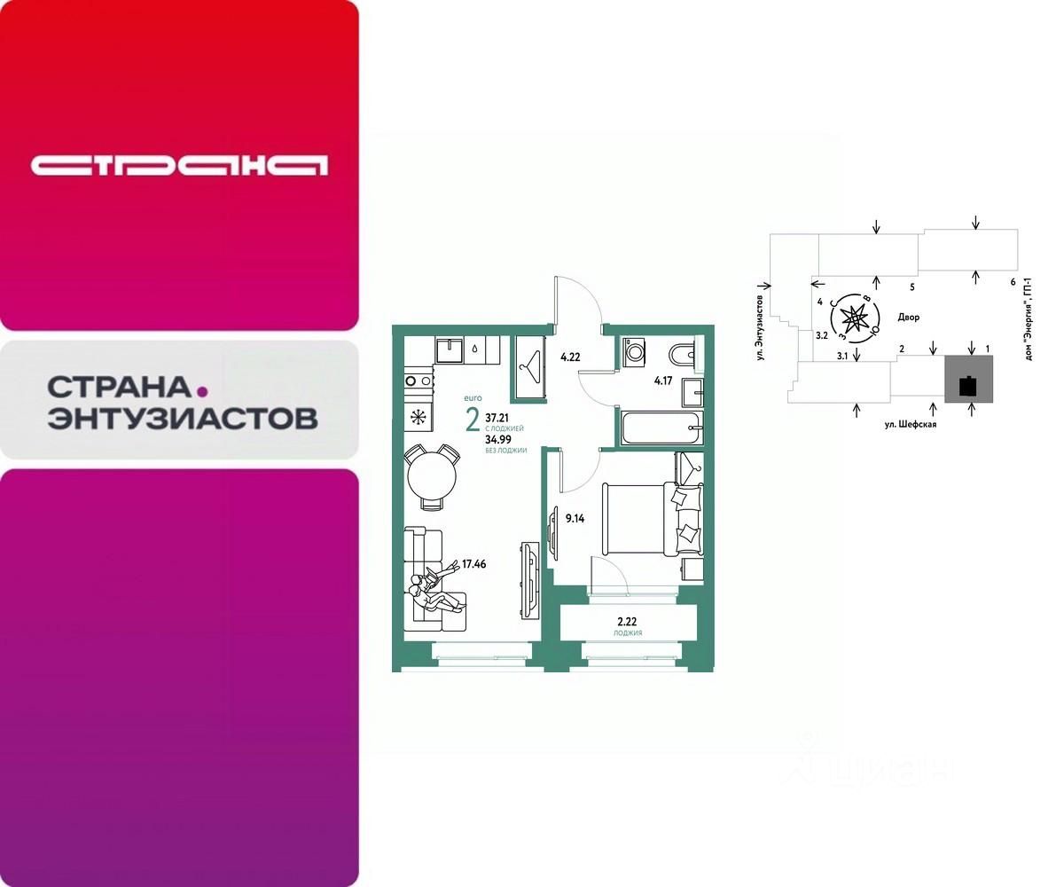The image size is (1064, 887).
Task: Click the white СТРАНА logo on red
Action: click(x=179, y=165)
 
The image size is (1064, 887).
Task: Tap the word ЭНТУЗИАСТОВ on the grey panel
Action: click(x=182, y=418)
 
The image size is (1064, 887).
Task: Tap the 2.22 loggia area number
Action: click(x=626, y=621)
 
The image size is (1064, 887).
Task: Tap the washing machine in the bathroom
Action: click(x=636, y=353)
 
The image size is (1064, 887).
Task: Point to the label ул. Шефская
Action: click(x=909, y=424)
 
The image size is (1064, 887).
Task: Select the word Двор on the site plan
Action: click(x=908, y=317)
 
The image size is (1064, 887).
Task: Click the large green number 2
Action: click(x=473, y=420)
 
